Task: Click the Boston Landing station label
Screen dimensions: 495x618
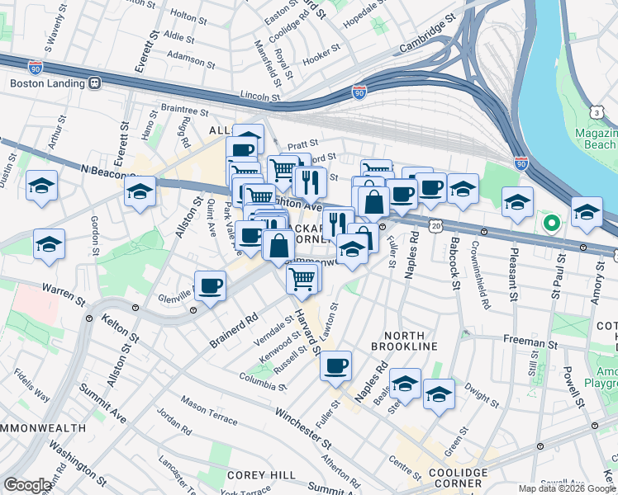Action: (47, 82)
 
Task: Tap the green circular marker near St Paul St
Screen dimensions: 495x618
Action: (551, 222)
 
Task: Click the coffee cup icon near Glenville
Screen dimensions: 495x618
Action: (211, 285)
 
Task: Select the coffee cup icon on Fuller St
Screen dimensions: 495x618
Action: (335, 365)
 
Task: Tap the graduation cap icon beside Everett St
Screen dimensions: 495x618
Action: (140, 191)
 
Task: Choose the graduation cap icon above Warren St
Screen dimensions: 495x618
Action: (50, 244)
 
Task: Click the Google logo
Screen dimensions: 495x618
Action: (27, 485)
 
